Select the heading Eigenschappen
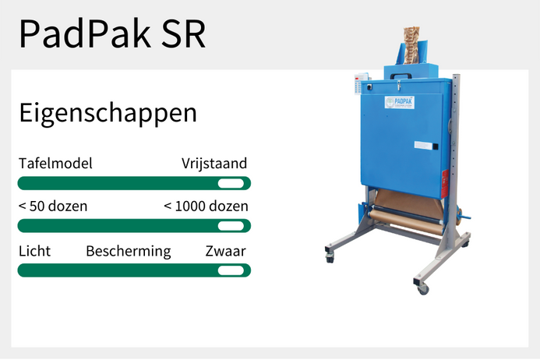(x=108, y=113)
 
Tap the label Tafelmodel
(x=55, y=164)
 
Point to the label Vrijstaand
(x=214, y=164)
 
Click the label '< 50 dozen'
(x=52, y=206)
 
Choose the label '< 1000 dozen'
(x=206, y=206)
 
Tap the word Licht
(x=34, y=251)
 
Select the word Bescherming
(x=128, y=251)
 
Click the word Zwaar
(x=226, y=251)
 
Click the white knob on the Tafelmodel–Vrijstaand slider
(x=230, y=183)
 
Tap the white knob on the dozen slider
(x=230, y=226)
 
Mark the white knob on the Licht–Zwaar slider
(x=230, y=270)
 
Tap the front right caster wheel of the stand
(x=423, y=289)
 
